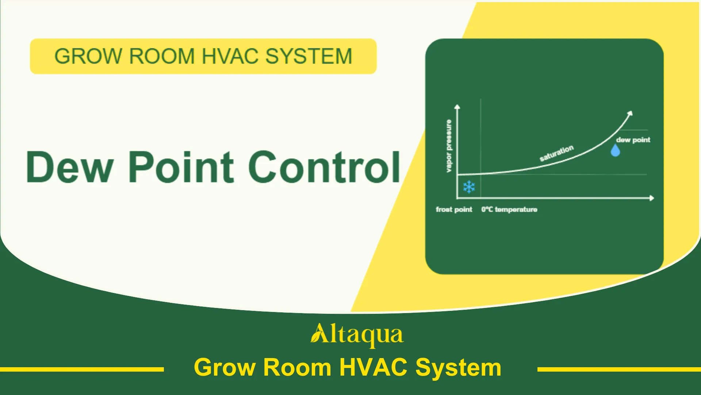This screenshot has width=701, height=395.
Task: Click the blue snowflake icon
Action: click(x=469, y=187)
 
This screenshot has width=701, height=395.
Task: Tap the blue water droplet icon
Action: click(x=615, y=150)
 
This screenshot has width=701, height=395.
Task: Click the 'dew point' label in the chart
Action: click(x=633, y=140)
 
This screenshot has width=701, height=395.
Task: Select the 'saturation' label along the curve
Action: click(x=557, y=153)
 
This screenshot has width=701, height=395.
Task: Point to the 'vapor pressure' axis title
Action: click(x=449, y=146)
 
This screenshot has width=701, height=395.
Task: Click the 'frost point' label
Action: click(x=454, y=209)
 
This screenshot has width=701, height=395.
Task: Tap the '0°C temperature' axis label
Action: click(x=509, y=209)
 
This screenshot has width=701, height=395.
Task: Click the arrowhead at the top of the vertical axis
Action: click(x=457, y=107)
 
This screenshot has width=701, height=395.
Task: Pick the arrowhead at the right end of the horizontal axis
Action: click(x=652, y=198)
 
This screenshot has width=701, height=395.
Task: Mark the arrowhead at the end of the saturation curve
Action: click(x=629, y=114)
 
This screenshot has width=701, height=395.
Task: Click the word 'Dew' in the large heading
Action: click(x=69, y=167)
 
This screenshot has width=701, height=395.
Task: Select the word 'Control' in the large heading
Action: click(x=324, y=167)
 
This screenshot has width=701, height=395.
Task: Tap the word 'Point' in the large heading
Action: click(x=181, y=167)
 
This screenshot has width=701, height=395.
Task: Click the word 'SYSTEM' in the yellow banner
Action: click(x=309, y=56)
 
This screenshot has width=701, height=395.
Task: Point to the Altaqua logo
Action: click(x=357, y=335)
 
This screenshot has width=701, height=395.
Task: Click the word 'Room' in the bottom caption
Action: click(x=297, y=367)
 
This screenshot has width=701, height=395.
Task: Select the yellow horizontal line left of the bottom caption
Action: click(x=82, y=369)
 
